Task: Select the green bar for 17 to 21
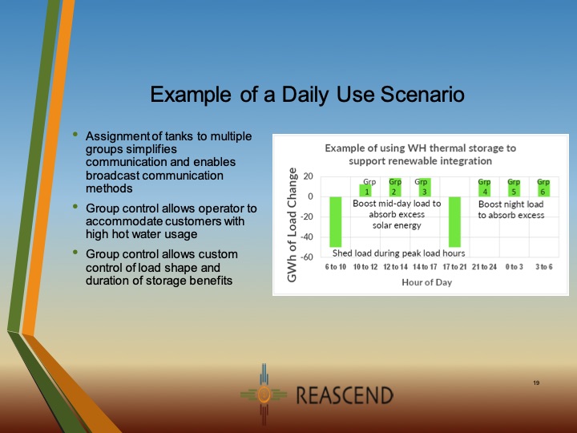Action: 455,222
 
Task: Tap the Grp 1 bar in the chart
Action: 367,190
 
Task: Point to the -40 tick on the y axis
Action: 306,237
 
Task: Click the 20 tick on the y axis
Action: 308,176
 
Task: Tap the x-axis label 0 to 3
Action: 514,266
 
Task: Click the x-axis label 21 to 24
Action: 485,266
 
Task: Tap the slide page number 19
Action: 536,382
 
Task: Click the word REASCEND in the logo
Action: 345,395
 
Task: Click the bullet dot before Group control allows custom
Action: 75,253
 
